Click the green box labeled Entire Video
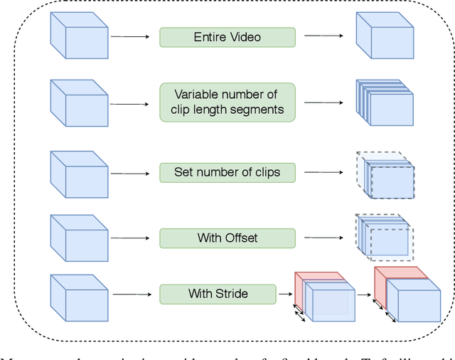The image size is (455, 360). pos(227,37)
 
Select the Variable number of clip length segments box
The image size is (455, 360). pos(227,102)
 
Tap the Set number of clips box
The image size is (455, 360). pos(227,171)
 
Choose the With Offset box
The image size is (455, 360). pos(227,238)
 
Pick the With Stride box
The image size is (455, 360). pos(218,293)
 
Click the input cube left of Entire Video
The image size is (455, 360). pos(79,36)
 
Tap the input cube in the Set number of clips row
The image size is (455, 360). pos(79,174)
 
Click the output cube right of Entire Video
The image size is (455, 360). pos(383,36)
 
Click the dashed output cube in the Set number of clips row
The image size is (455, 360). pos(385,174)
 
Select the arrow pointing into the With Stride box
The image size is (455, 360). pos(133,293)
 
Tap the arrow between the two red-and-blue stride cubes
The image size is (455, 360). pos(363,293)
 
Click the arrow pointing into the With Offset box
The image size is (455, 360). pos(133,238)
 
